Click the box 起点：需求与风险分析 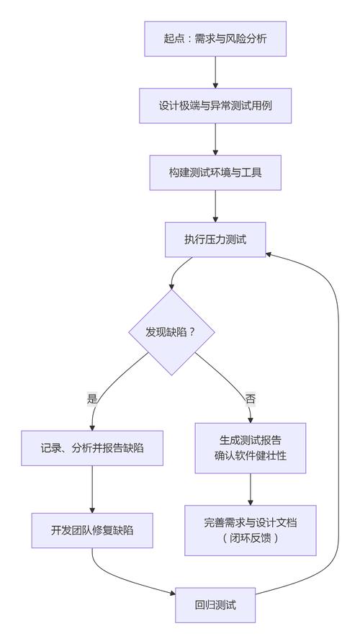point(215,38)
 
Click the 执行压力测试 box point(215,239)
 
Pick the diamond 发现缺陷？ point(171,332)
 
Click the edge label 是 point(92,398)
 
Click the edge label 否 point(250,398)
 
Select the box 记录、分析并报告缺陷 point(92,447)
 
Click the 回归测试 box point(215,604)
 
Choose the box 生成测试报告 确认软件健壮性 point(250,447)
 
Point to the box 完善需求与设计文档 point(250,529)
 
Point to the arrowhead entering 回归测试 point(171,594)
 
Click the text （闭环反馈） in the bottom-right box point(250,538)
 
